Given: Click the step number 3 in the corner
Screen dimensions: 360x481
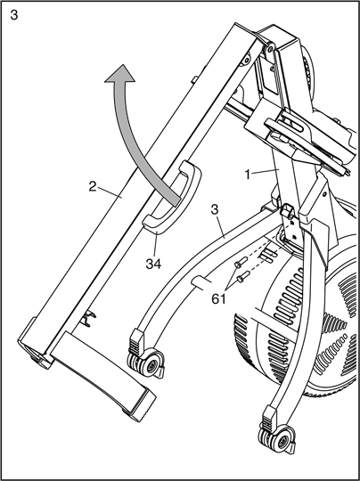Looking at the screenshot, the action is click(x=14, y=14).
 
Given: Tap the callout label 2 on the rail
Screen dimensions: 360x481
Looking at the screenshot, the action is click(x=93, y=186).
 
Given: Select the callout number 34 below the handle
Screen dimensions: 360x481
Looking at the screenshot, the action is click(x=153, y=264).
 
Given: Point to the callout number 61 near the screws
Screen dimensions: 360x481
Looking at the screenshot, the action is click(x=219, y=298).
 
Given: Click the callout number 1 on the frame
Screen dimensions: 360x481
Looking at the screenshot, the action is click(x=248, y=175).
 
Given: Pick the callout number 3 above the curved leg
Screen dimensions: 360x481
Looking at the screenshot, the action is click(x=215, y=209).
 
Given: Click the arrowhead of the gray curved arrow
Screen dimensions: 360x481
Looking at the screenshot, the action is click(x=120, y=74).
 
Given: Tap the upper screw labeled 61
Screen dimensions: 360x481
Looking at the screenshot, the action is click(x=241, y=263).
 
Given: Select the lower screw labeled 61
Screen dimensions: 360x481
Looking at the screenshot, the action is click(x=243, y=276).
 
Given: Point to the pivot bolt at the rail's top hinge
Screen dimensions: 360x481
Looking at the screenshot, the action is click(x=270, y=48).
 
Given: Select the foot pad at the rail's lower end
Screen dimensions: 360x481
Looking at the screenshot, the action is click(x=103, y=377).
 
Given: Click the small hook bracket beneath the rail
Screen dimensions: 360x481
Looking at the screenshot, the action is click(x=88, y=318).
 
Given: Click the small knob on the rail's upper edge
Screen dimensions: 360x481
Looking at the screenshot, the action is click(x=194, y=80).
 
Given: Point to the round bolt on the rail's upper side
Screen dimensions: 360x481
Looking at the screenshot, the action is click(x=246, y=59).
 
